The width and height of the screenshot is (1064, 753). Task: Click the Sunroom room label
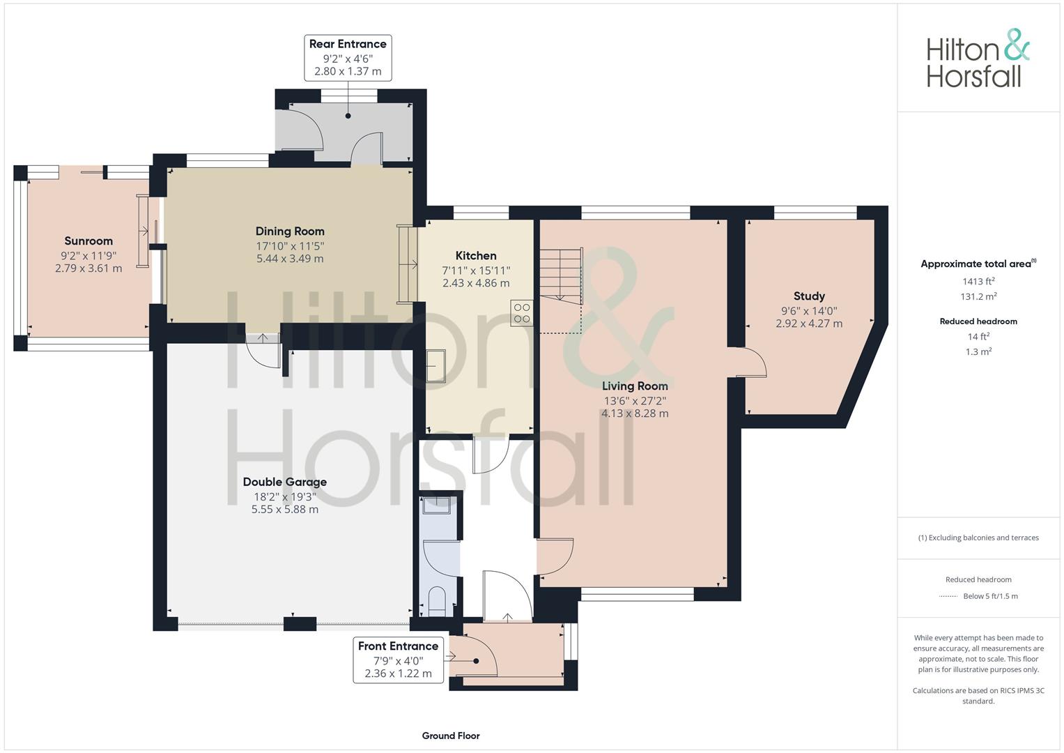(88, 241)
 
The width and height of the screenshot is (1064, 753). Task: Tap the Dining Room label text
(290, 231)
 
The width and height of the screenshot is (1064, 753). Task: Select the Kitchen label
(476, 256)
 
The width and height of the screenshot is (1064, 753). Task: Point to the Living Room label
(635, 386)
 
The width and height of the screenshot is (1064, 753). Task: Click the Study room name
(809, 296)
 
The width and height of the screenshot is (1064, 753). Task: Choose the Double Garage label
(284, 482)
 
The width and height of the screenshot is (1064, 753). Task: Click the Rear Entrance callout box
(348, 57)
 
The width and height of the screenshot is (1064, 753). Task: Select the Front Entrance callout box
(398, 660)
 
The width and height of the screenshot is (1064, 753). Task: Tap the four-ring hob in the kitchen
(522, 313)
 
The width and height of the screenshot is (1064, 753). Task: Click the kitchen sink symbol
(435, 365)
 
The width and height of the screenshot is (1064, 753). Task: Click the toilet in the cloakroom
(436, 602)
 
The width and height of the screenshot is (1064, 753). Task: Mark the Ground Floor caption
(451, 736)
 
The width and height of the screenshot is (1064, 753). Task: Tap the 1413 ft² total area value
(978, 281)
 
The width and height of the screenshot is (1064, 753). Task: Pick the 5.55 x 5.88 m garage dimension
(284, 510)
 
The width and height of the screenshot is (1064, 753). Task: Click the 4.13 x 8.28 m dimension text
(635, 413)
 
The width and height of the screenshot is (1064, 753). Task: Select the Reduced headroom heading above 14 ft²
(978, 321)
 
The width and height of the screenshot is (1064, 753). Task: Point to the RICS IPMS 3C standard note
(978, 696)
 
